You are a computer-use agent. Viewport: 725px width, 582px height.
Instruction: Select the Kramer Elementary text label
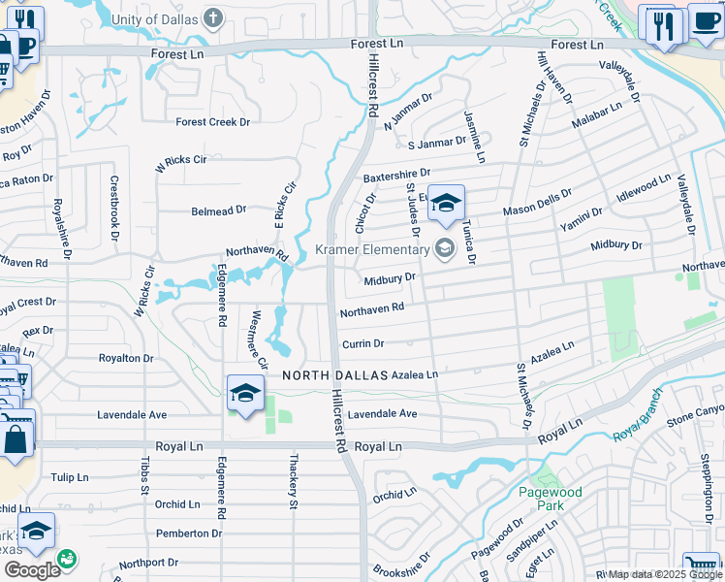373,250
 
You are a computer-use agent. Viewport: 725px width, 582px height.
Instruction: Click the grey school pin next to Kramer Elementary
445,249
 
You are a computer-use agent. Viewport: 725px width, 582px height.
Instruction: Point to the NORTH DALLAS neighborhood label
335,374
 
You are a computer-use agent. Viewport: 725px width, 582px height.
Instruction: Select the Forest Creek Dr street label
212,122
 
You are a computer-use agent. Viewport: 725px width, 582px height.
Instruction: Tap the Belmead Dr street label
219,210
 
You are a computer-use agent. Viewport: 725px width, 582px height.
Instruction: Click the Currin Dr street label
362,344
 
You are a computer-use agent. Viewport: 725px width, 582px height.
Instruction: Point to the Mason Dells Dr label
537,209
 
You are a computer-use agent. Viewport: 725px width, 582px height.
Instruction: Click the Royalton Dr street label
126,358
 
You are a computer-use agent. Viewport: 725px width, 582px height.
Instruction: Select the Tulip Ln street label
70,478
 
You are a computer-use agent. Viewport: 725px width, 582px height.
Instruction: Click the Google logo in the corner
31,569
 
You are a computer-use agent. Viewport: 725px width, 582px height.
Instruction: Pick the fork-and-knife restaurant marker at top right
663,24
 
